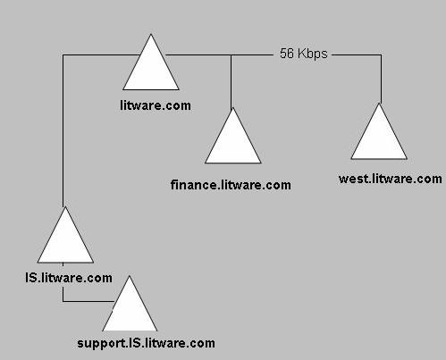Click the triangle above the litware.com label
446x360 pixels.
click(x=151, y=69)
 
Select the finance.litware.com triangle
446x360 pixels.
click(x=233, y=141)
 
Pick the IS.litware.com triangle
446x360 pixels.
click(x=65, y=240)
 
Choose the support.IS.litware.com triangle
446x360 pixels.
click(x=130, y=309)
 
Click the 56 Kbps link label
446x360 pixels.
click(x=304, y=54)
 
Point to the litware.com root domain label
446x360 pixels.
click(x=156, y=105)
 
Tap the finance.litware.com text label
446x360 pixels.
click(x=231, y=185)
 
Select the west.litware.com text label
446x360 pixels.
click(x=391, y=179)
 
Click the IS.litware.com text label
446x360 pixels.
click(x=69, y=278)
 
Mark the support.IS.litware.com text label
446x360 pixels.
click(x=146, y=343)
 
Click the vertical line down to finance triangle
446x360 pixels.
click(x=231, y=81)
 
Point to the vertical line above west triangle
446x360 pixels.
click(x=381, y=79)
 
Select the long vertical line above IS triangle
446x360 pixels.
click(x=63, y=130)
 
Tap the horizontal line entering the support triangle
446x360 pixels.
click(x=88, y=301)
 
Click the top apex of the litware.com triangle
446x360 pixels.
click(x=151, y=34)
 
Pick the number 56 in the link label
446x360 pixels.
click(x=287, y=54)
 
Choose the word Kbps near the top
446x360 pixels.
click(x=313, y=54)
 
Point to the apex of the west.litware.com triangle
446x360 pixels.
click(x=379, y=103)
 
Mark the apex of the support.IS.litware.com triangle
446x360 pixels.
click(x=130, y=276)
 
